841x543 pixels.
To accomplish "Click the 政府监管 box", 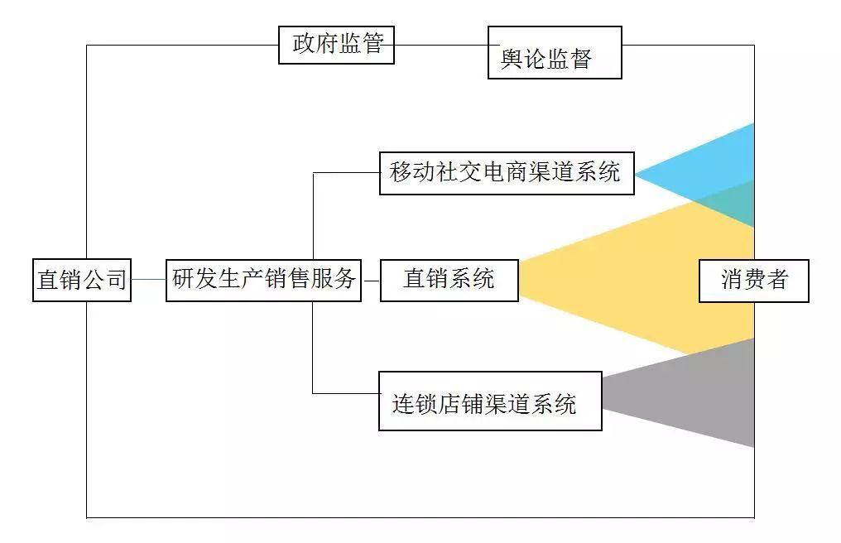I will (336, 45).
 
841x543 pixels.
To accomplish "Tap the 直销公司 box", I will (82, 280).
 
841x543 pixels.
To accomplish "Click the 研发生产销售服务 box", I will (263, 280).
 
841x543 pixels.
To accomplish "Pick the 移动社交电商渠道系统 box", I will (507, 173).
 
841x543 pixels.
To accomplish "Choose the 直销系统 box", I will (449, 280).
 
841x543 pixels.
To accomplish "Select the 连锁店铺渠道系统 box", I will (490, 401).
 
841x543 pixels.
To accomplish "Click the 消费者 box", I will (753, 281).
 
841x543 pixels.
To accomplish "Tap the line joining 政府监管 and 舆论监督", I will (440, 45).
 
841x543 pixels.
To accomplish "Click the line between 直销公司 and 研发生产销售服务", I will (148, 280).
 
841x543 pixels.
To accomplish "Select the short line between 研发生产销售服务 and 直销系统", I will (370, 280).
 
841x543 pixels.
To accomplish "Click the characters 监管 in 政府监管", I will (362, 44).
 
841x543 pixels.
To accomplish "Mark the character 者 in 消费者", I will (777, 280).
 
